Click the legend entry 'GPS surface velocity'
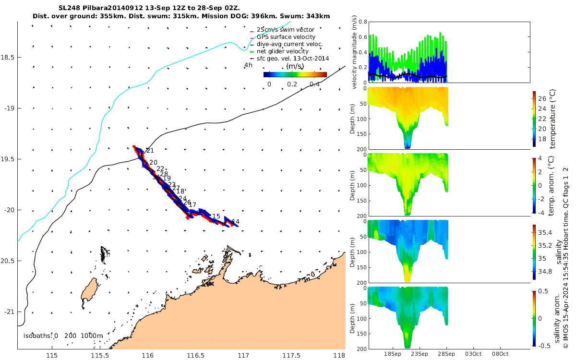coord(286,37)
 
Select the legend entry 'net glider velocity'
coord(282,51)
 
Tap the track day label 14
coord(236,222)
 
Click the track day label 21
coord(150,151)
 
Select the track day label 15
coord(216,216)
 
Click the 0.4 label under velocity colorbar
coord(314,84)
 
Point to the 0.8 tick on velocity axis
coord(362,22)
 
